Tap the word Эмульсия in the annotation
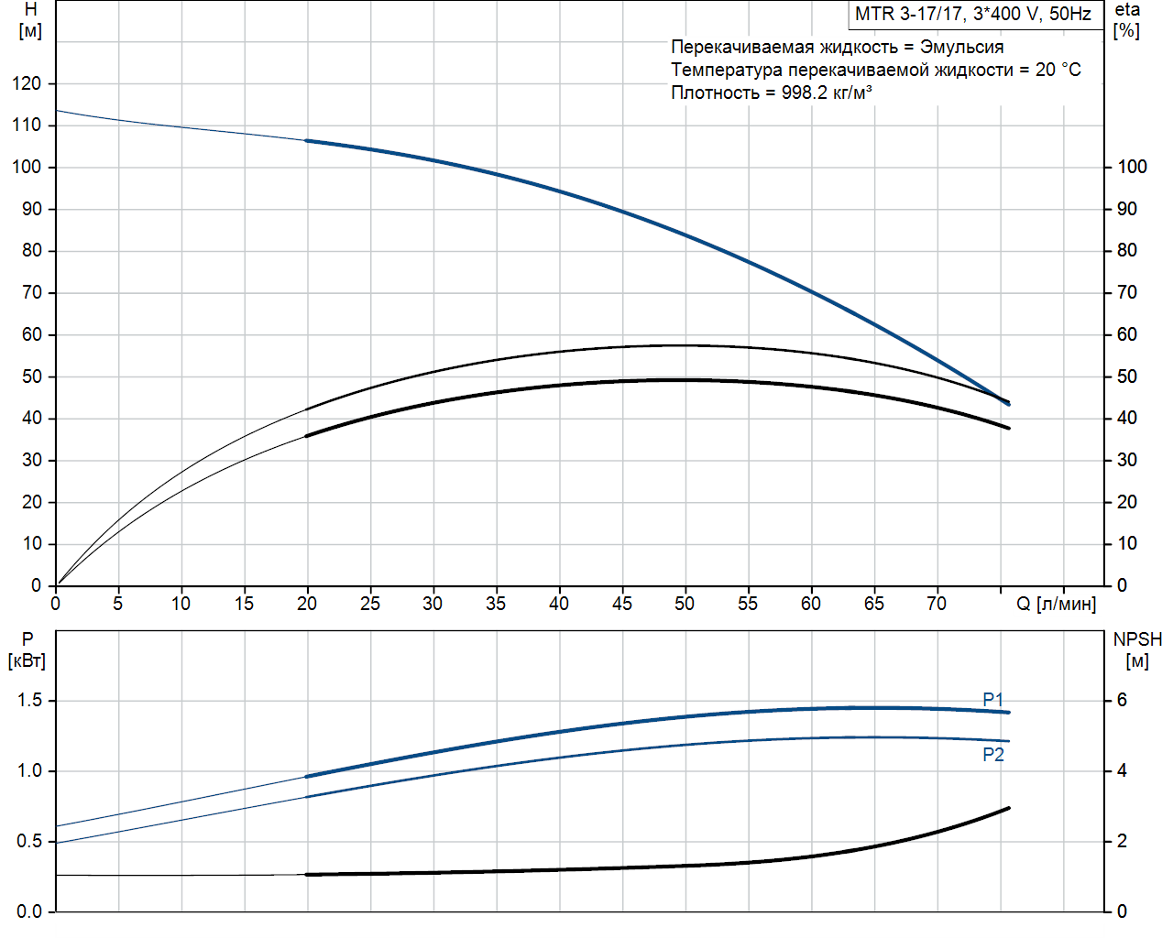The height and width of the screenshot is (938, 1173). click(961, 47)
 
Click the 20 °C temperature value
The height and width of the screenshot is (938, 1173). click(1058, 70)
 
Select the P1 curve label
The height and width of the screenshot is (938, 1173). click(992, 699)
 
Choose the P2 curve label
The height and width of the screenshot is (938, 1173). click(992, 755)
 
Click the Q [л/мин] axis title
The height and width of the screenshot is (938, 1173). click(1056, 604)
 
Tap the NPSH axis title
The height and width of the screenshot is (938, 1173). click(1136, 639)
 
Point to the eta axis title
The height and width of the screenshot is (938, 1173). click(1127, 10)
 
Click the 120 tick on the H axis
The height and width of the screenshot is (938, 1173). click(27, 83)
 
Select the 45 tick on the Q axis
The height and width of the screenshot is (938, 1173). click(621, 604)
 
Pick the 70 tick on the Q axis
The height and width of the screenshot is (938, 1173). click(936, 604)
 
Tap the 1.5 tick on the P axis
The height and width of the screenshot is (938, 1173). click(29, 701)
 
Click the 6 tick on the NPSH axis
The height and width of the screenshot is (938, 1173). click(1121, 701)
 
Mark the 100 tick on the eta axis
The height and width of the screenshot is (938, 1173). click(1132, 167)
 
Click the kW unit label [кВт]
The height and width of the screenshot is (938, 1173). click(27, 661)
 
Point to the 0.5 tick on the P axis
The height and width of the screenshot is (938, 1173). click(29, 841)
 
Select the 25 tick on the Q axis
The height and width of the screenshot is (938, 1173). click(370, 604)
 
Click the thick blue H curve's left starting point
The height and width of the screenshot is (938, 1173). click(307, 140)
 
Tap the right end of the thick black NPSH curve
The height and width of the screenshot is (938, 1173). click(1009, 808)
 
